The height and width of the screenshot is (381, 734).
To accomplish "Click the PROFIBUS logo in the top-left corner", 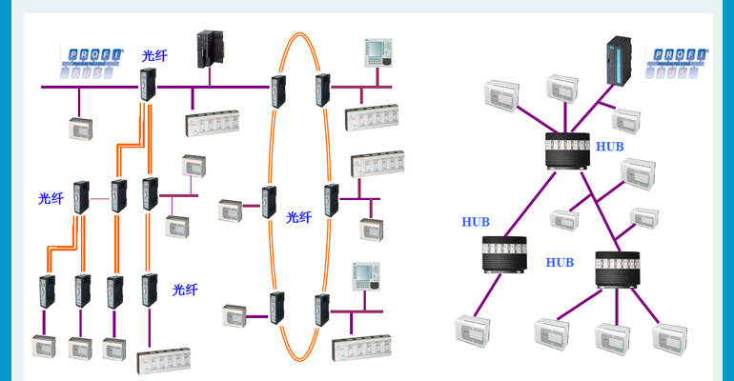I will [92, 59].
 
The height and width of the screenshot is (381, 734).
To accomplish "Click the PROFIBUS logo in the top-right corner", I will [679, 59].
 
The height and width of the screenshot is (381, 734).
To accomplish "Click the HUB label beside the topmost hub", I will [609, 147].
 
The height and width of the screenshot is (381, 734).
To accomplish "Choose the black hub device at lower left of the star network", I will [506, 254].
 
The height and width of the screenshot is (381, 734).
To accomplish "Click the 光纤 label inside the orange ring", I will [299, 217].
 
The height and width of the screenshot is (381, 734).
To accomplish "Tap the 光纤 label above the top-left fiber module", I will [154, 56].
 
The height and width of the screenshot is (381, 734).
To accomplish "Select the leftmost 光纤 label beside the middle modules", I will [51, 198].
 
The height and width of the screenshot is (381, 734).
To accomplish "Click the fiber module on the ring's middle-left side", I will [269, 203].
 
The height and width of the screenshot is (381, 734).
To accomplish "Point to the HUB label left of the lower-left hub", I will [475, 222].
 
